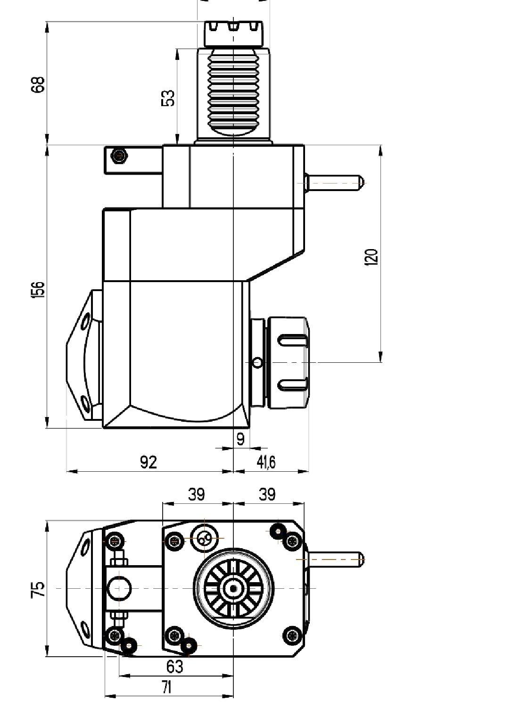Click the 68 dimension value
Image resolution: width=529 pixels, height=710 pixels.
coord(38,84)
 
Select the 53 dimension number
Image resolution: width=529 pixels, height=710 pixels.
coord(168,98)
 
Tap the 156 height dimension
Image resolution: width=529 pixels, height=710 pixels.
coord(38,289)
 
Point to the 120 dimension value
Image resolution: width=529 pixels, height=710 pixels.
coord(371,257)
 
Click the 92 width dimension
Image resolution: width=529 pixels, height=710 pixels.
coord(149,462)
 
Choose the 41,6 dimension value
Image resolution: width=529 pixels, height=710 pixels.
coord(266,462)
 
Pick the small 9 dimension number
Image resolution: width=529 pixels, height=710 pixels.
coord(240,439)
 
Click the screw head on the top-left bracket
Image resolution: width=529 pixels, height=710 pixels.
coord(119,156)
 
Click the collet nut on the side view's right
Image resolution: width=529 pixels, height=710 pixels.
coord(288,363)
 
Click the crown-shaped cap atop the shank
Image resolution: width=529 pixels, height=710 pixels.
coord(233,33)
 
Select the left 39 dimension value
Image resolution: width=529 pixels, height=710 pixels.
coord(196,494)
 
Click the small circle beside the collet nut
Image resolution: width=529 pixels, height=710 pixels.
coord(257,362)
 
